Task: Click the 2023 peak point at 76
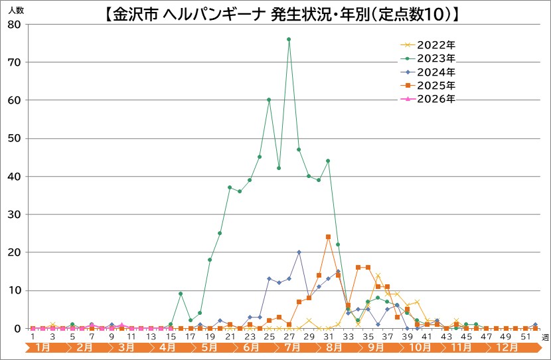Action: [x=289, y=39]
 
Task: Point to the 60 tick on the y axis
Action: [x=15, y=100]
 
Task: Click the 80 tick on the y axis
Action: [x=15, y=25]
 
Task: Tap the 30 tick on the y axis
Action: [x=15, y=215]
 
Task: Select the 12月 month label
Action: [x=508, y=347]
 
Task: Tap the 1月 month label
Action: [x=41, y=347]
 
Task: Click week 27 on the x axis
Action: [x=289, y=337]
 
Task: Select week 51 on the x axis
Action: [x=525, y=337]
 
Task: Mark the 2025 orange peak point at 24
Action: [x=328, y=237]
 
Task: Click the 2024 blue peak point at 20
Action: [x=299, y=252]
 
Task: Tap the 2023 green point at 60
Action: [x=269, y=100]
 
